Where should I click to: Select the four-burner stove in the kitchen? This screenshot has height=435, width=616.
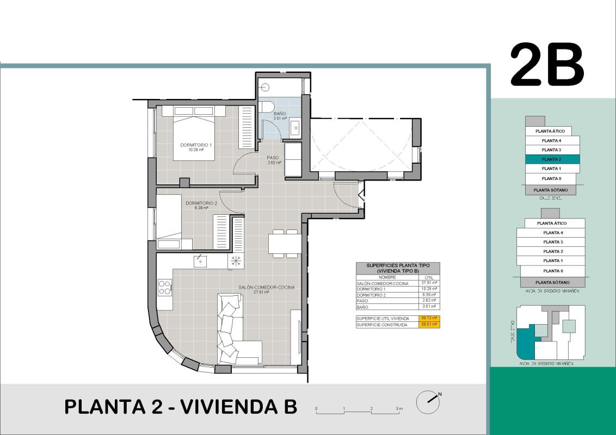tap(165, 287)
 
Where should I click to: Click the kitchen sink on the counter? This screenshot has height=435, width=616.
tap(201, 262)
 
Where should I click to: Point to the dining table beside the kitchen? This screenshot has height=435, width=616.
tap(284, 243)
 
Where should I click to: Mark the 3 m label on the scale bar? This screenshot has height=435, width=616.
tap(399, 408)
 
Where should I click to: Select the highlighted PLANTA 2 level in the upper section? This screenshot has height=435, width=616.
tap(552, 159)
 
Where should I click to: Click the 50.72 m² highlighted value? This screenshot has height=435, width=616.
tap(429, 318)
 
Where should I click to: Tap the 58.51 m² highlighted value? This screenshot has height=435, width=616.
tap(429, 325)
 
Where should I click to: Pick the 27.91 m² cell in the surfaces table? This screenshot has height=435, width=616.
tap(429, 283)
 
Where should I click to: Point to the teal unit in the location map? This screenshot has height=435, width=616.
tap(525, 340)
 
